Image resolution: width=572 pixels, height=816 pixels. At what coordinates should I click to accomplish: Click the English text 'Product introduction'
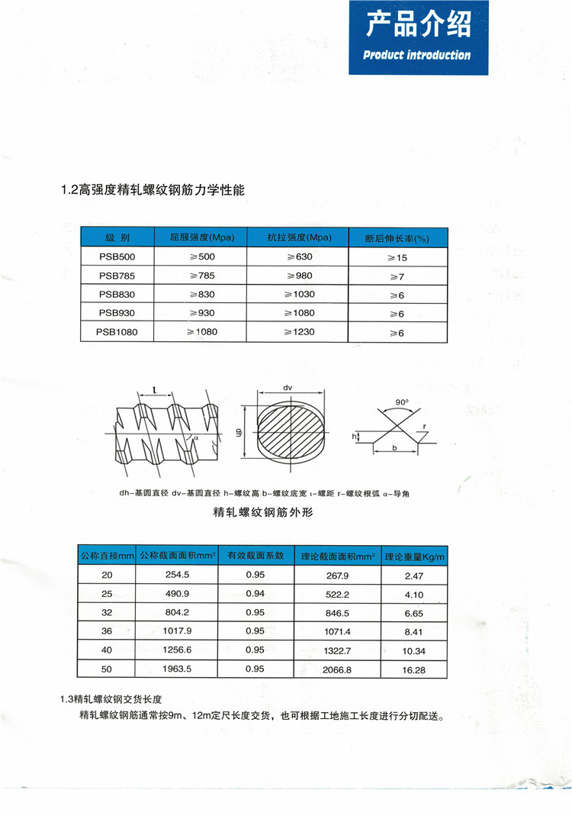pos(417,55)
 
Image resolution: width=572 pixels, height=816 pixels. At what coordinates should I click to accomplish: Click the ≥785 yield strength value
pos(202,275)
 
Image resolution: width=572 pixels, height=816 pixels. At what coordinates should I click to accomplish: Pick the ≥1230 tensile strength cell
pos(298,332)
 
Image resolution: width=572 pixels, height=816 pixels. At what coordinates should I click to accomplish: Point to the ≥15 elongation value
pos(397,258)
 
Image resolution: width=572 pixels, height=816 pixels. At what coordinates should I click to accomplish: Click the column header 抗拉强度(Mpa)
pos(299,237)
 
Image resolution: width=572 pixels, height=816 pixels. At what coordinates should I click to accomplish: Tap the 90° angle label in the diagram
pos(402,401)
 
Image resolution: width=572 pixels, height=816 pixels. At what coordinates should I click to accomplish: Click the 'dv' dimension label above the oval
pos(288,388)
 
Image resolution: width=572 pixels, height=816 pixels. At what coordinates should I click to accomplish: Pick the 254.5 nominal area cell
pos(176,575)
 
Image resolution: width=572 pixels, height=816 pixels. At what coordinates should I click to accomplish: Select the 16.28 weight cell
pos(415,669)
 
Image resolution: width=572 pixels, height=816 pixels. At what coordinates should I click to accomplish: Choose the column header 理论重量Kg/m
pos(415,556)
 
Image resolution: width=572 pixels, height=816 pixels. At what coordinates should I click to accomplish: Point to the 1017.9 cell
pos(176,631)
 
